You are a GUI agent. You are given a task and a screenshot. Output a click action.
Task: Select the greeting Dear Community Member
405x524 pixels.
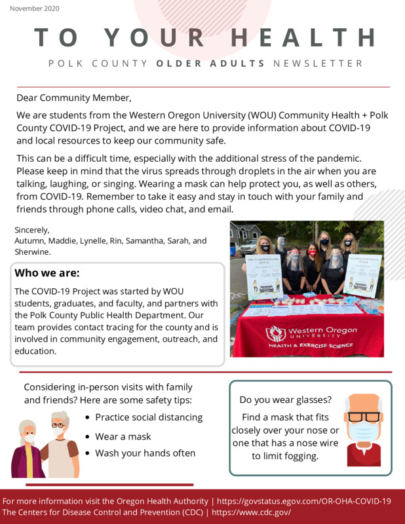pyautogui.click(x=73, y=98)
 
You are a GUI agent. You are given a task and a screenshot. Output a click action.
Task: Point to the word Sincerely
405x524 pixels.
pyautogui.click(x=32, y=230)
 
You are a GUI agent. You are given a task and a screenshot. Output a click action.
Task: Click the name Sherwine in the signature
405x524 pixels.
pyautogui.click(x=33, y=252)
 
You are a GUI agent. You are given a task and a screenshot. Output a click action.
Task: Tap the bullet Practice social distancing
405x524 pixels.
pyautogui.click(x=149, y=417)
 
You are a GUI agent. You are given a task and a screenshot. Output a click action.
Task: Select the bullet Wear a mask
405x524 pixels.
pyautogui.click(x=123, y=436)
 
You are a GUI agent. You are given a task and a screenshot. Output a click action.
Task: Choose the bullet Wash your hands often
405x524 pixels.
pyautogui.click(x=145, y=453)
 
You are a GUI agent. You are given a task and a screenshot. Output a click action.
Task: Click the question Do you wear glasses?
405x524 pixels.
pyautogui.click(x=285, y=400)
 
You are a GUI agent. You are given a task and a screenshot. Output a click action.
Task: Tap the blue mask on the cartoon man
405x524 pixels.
pyautogui.click(x=363, y=431)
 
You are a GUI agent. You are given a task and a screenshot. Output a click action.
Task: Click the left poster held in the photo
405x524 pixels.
pyautogui.click(x=263, y=276)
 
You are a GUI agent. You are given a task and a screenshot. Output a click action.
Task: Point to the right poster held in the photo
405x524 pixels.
pyautogui.click(x=362, y=274)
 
